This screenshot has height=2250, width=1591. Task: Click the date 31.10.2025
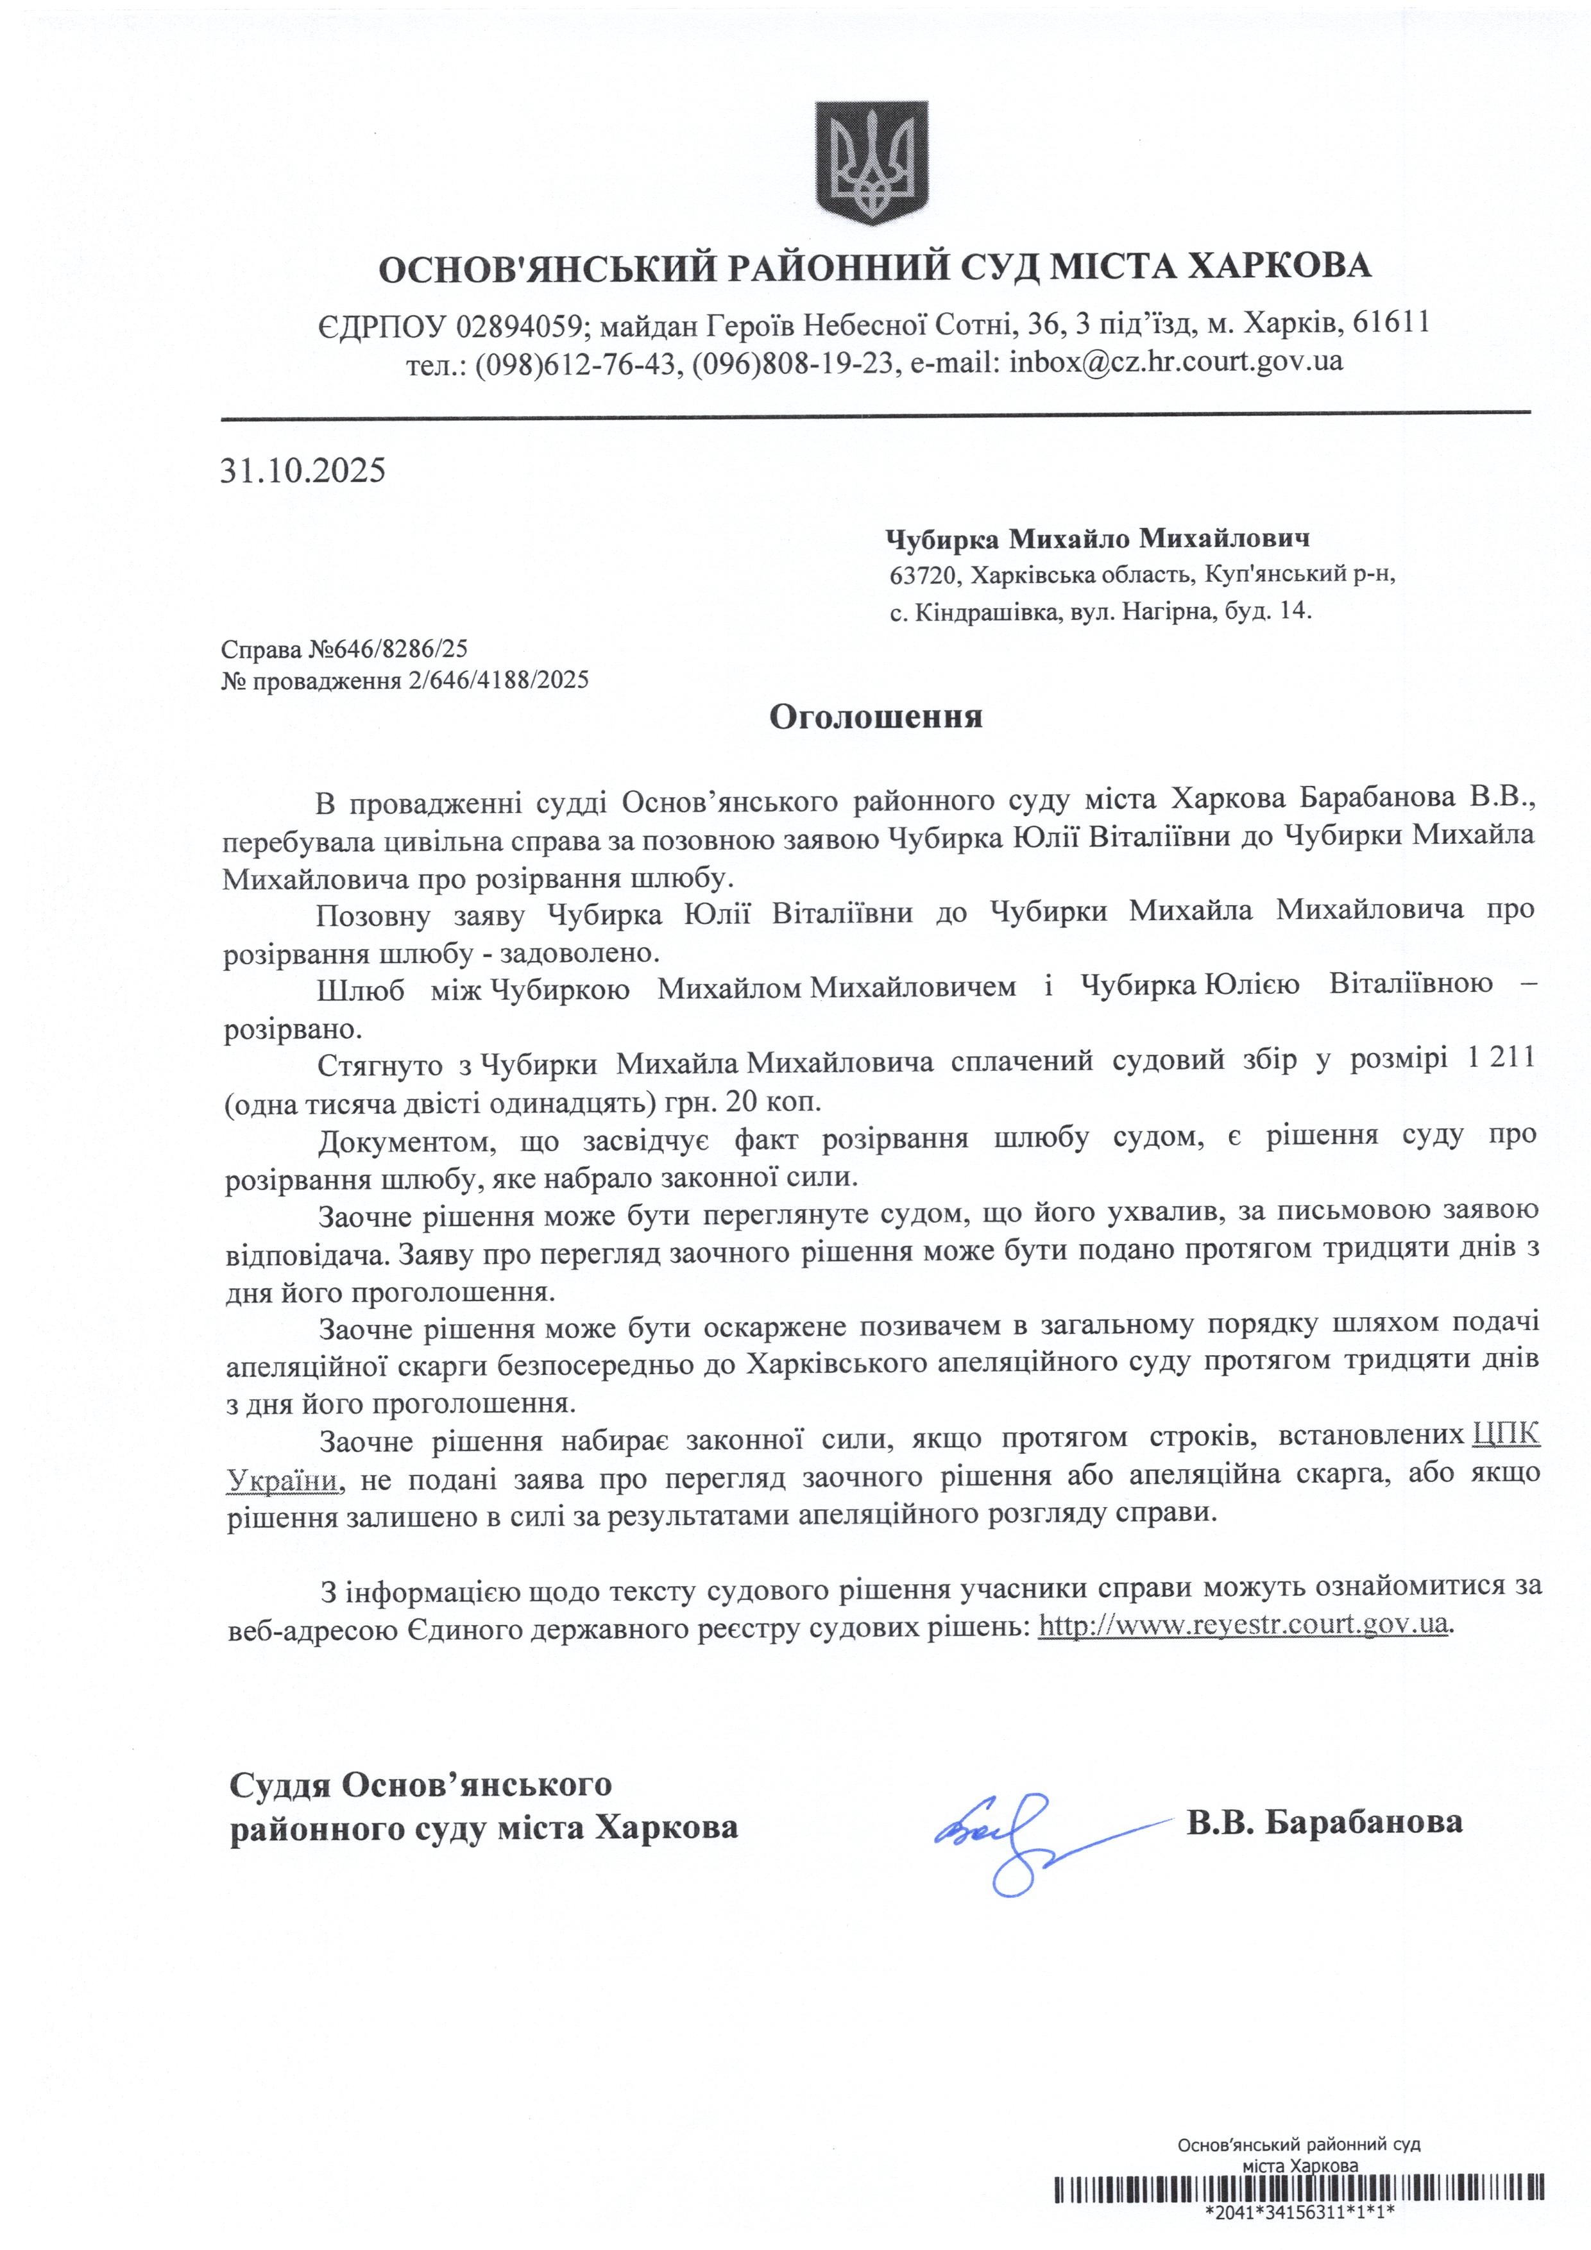click(x=303, y=472)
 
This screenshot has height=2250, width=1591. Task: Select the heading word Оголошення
click(x=875, y=717)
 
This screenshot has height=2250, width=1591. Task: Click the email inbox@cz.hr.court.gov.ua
click(x=1176, y=362)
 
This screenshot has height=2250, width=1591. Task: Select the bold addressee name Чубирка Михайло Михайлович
click(x=1097, y=538)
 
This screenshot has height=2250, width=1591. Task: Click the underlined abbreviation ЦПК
click(x=1506, y=1436)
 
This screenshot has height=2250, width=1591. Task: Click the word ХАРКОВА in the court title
click(x=1279, y=266)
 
